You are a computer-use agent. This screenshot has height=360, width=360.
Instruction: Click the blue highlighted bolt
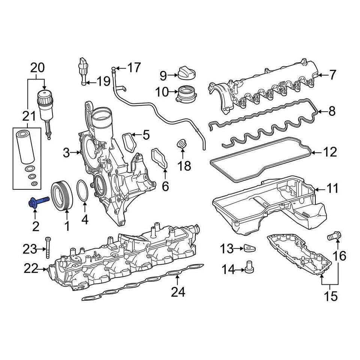click(39, 202)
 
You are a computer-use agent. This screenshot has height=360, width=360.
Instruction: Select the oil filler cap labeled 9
click(187, 73)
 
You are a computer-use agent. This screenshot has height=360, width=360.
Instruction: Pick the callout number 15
click(330, 296)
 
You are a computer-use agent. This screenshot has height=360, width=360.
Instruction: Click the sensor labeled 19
click(83, 70)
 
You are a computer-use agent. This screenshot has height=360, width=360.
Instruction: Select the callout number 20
click(37, 68)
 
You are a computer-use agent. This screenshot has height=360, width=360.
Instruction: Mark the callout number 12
click(330, 152)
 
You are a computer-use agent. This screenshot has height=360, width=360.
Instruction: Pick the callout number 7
click(333, 75)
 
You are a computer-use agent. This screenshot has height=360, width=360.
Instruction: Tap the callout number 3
click(66, 152)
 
